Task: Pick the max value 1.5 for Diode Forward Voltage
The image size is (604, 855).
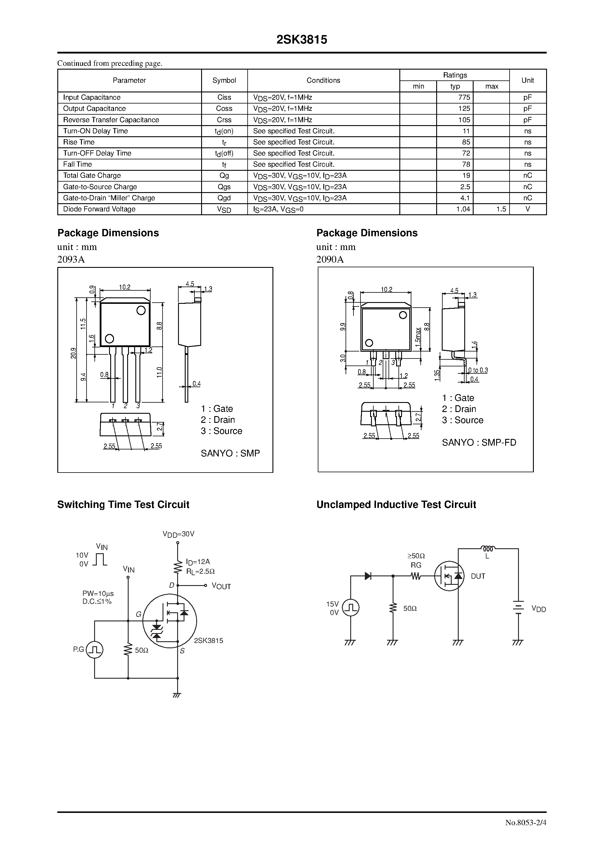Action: [501, 209]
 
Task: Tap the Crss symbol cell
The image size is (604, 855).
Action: [224, 120]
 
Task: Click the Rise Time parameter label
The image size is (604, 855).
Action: [79, 142]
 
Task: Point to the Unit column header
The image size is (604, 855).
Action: [527, 80]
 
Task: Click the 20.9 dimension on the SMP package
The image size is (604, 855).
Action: [73, 353]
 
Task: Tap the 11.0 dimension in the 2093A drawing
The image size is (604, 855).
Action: [159, 372]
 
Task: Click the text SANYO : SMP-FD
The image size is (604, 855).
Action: [479, 442]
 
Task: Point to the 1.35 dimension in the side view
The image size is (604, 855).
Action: [437, 375]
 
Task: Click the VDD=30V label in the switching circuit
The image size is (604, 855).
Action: [178, 534]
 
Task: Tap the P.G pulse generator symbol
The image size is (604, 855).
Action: [95, 650]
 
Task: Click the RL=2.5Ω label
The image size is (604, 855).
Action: [200, 571]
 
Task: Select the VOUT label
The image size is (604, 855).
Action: [221, 587]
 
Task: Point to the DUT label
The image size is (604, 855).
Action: [478, 576]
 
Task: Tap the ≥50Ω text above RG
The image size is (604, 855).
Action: [416, 556]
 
